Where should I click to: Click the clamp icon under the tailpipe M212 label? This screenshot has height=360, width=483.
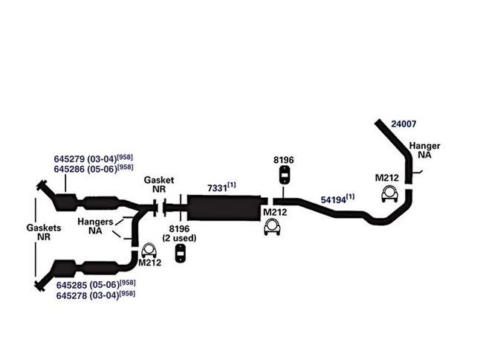tap(388, 195)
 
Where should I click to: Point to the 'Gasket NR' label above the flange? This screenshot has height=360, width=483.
tap(159, 184)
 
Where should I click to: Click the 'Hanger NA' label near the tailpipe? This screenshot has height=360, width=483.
tap(424, 152)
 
